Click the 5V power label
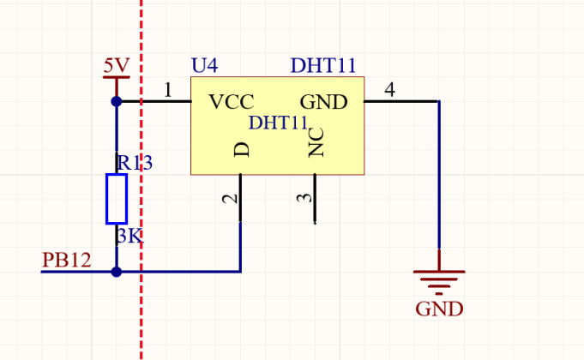(x=117, y=65)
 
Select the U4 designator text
(x=204, y=65)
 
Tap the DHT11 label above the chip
(x=323, y=65)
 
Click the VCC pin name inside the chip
(x=232, y=102)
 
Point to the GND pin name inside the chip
(x=323, y=102)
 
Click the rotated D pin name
(x=241, y=150)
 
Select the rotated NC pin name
(x=316, y=142)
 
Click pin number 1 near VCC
(x=168, y=90)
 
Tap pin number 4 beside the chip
(x=389, y=90)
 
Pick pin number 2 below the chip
(x=230, y=198)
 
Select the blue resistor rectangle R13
(x=117, y=199)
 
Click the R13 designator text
(x=135, y=163)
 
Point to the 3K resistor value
(x=129, y=236)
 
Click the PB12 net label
(x=66, y=260)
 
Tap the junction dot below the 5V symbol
(x=117, y=101)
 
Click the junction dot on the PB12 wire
(x=117, y=272)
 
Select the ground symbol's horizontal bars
(x=439, y=282)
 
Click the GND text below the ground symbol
(x=439, y=309)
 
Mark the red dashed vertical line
(x=141, y=180)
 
